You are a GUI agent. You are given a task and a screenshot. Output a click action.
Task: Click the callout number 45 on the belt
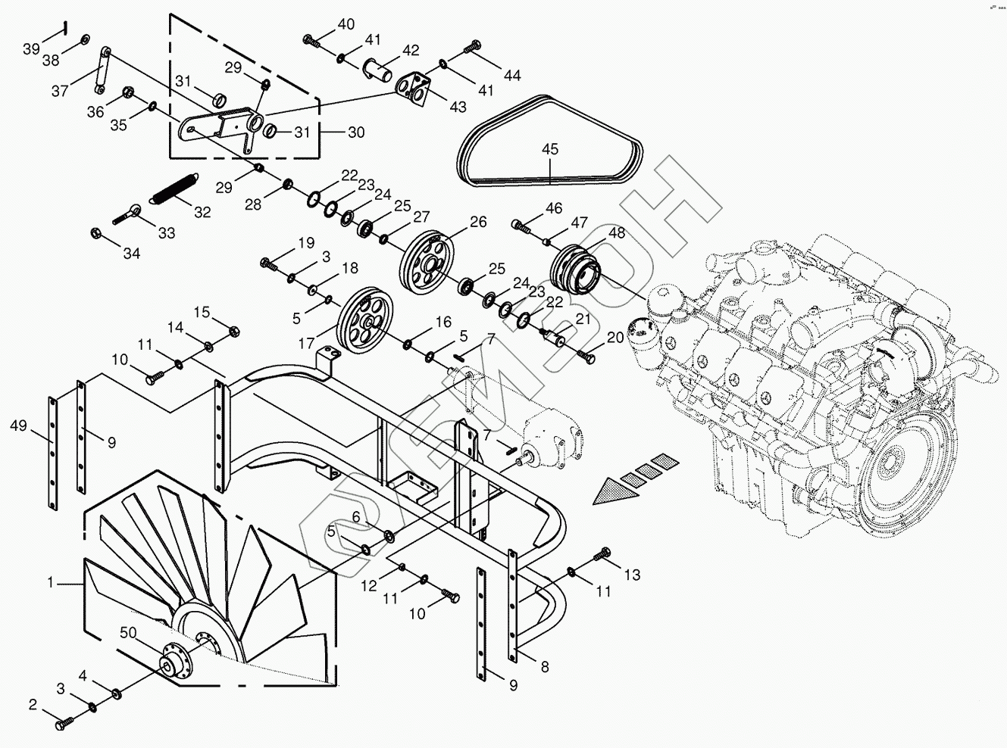[x=550, y=150]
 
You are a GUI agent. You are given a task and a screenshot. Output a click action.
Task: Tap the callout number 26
[x=477, y=222]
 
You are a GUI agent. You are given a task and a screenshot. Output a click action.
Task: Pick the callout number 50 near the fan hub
[x=130, y=632]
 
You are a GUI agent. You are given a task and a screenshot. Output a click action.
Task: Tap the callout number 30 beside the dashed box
[x=356, y=132]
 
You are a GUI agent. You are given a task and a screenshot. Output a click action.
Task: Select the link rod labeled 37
[x=101, y=70]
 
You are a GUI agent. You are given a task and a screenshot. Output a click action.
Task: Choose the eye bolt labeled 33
[x=127, y=214]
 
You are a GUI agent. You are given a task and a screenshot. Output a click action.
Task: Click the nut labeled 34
[x=97, y=232]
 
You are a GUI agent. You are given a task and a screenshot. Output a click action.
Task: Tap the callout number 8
[x=545, y=667]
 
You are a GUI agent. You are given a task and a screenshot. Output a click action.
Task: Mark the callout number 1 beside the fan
[x=51, y=583]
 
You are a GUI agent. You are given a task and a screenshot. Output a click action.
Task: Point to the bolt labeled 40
[x=311, y=39]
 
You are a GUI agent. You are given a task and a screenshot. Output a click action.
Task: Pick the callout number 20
[x=615, y=337]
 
